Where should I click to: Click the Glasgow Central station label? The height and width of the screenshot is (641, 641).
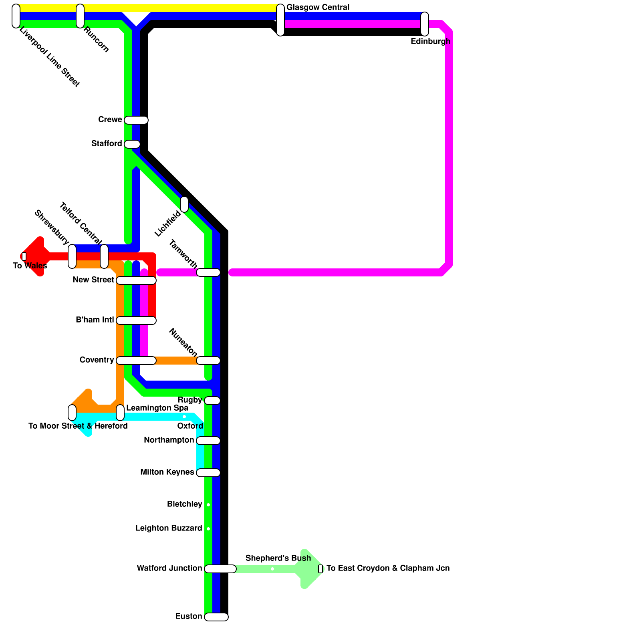(318, 8)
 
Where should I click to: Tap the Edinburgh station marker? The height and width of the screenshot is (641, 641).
(425, 24)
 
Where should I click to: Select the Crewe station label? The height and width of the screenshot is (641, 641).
(110, 120)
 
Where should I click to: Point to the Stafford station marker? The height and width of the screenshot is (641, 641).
(132, 144)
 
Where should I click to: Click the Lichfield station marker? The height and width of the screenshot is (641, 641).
(184, 204)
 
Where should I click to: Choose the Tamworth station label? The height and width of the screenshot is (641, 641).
(183, 254)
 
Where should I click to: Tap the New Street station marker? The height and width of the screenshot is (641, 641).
(136, 280)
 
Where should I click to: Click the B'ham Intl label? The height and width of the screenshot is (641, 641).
(95, 320)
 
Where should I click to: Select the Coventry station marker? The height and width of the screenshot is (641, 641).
(136, 361)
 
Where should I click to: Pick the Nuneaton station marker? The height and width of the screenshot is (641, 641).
(208, 361)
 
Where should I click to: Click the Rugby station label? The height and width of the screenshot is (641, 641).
(190, 400)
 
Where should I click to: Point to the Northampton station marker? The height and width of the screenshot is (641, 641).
(208, 441)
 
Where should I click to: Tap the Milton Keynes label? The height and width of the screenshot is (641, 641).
(167, 472)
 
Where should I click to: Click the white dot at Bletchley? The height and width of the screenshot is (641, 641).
(208, 505)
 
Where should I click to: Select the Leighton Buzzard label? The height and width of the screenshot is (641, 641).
(169, 528)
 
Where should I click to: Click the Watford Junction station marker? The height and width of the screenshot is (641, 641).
(220, 569)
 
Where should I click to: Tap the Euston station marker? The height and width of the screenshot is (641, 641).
(216, 617)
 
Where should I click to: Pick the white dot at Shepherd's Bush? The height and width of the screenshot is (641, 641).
(272, 569)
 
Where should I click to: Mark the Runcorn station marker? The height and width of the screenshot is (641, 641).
(80, 16)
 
